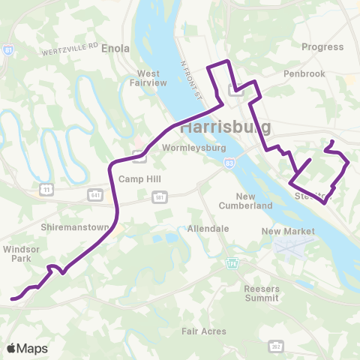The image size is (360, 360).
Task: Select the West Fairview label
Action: tap(148, 79)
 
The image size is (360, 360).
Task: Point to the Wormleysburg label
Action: tap(189, 148)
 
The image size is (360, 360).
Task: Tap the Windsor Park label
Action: tap(16, 253)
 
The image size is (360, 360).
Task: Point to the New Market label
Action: tap(287, 232)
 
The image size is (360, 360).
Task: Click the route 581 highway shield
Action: tap(159, 196)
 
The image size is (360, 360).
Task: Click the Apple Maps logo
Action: tap(28, 348)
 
